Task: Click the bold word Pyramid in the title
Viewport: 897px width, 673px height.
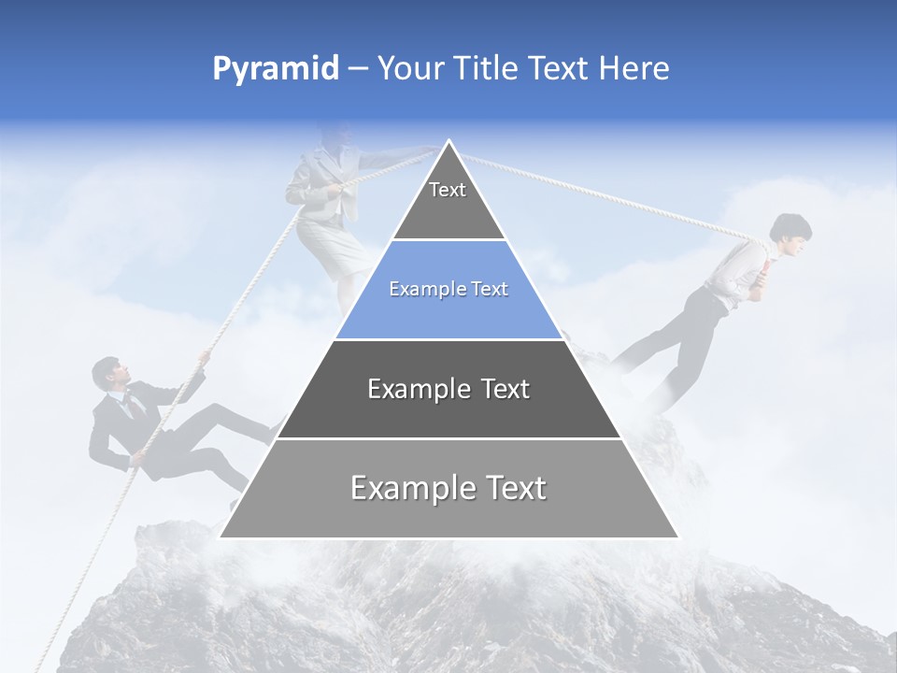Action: click(275, 69)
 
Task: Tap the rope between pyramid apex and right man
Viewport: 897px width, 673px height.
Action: click(607, 192)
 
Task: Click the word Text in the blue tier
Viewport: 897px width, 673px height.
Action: click(490, 289)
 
